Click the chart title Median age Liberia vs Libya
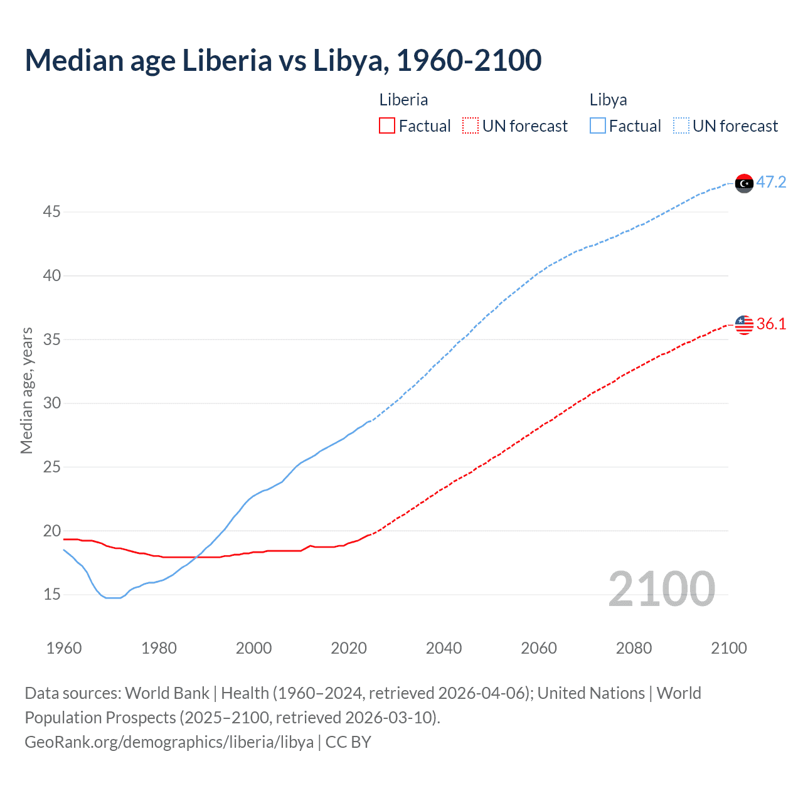283,61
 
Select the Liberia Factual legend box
387,126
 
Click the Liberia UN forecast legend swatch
471,126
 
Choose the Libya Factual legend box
598,126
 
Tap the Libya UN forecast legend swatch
681,126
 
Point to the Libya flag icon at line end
744,183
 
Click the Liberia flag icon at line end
744,324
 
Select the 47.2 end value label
771,183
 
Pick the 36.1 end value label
771,324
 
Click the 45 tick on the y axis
51,212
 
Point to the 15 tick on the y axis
51,594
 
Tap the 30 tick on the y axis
51,403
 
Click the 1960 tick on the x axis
64,648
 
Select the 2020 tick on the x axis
349,648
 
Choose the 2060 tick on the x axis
539,648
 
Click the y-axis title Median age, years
26,390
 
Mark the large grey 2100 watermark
661,589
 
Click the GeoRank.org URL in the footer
169,742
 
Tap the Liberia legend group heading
403,100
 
